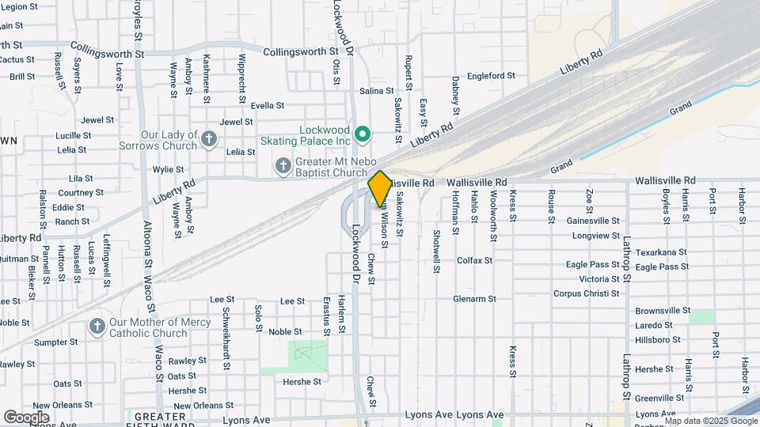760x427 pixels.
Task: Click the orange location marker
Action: [380, 188]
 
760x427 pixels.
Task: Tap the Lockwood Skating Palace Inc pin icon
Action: [363, 134]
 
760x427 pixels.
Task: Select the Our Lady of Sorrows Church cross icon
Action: [209, 140]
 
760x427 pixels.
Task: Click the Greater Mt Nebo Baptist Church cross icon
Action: [283, 166]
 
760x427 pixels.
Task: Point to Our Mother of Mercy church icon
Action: [97, 327]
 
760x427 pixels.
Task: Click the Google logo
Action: [26, 417]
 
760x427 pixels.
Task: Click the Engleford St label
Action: [491, 76]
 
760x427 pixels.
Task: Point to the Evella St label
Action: [267, 105]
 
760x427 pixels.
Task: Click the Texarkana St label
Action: [661, 252]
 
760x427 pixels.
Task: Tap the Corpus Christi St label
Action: [586, 293]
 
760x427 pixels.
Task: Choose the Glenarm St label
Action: [474, 299]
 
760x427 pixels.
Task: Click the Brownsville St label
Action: [663, 311]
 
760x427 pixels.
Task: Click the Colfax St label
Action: [474, 260]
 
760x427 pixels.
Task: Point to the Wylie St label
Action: [168, 169]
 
